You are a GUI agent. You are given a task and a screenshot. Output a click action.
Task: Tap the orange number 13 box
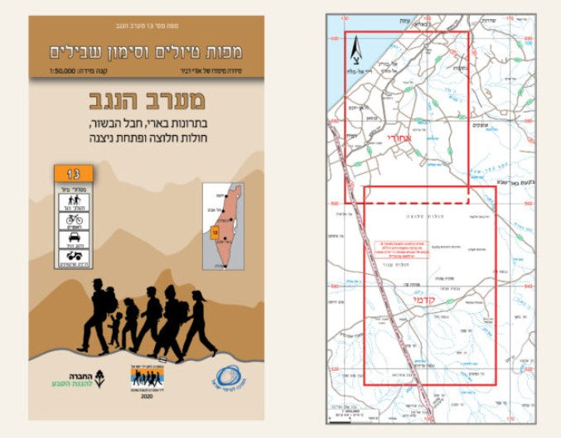click(73, 175)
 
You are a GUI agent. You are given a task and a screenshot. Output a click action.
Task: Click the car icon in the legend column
click(73, 241)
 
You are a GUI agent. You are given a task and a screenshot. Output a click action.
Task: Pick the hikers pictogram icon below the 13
click(73, 200)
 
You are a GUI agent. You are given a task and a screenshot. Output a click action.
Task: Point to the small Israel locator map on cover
click(222, 226)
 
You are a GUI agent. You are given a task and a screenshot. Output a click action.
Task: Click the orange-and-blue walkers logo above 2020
click(147, 378)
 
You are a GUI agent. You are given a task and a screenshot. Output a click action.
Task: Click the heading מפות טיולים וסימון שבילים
click(147, 51)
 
